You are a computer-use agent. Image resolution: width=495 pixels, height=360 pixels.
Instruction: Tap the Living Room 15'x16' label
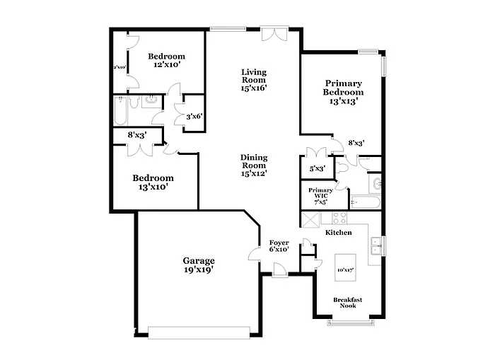point(254,79)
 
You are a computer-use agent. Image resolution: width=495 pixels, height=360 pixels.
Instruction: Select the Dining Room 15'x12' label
point(254,165)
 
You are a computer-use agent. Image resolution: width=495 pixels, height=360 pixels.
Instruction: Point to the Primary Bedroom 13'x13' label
point(344,92)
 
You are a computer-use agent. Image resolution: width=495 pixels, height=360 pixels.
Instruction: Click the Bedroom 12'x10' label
point(165,60)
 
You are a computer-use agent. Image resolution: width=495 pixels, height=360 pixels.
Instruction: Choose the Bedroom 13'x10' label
point(153,182)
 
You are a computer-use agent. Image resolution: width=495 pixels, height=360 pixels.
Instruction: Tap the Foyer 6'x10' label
point(279,245)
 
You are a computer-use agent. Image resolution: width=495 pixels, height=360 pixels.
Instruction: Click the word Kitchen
point(338,233)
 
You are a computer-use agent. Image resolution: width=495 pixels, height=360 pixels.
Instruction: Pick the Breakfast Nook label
point(348,303)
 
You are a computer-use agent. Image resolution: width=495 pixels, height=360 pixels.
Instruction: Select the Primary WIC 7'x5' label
point(320,195)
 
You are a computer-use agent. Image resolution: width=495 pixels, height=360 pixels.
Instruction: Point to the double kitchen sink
point(375,245)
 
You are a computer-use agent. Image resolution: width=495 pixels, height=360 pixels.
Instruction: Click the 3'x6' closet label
point(193,117)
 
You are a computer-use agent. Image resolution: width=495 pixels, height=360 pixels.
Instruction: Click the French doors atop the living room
point(271,34)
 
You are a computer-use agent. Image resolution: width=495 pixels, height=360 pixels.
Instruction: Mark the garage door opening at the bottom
point(199,330)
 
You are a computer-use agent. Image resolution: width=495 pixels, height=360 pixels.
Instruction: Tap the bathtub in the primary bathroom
point(366,203)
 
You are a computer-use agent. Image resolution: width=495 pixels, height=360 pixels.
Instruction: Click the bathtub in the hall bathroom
point(121,112)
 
